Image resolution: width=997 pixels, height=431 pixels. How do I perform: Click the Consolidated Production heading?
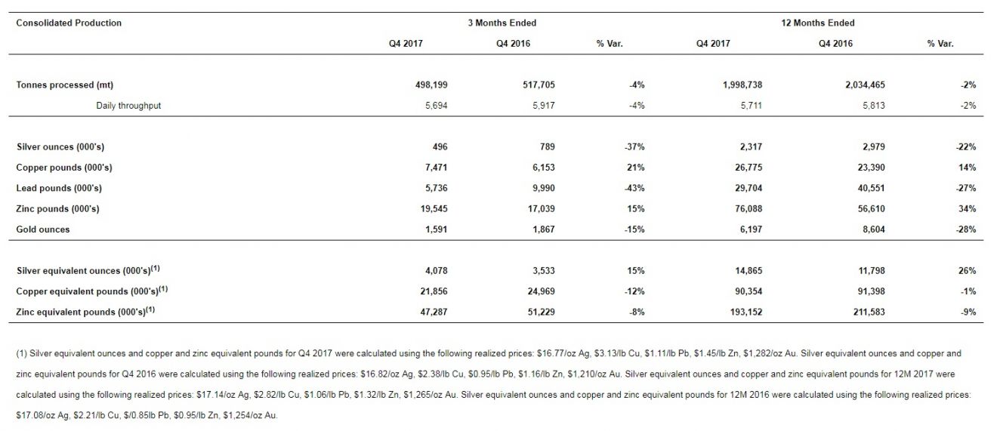69,23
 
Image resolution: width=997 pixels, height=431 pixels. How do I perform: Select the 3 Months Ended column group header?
502,23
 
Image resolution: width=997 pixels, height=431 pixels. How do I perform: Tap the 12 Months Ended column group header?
818,23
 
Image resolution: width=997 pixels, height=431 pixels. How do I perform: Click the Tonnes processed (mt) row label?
64,85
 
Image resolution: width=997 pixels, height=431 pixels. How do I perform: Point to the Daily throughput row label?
128,106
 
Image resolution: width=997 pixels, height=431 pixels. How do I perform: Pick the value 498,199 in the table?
431,85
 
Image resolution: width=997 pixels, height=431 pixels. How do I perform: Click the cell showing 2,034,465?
865,85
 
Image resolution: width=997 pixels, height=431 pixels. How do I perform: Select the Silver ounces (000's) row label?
60,146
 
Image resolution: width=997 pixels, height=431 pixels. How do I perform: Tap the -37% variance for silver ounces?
634,146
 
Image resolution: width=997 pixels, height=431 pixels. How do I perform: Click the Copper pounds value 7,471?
437,168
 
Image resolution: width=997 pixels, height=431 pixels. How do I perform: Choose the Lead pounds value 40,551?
871,188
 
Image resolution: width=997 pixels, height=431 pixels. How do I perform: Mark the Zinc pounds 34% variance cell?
967,209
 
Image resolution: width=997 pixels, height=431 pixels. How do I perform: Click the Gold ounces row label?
43,229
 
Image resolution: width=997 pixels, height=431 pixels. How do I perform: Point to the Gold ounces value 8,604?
874,229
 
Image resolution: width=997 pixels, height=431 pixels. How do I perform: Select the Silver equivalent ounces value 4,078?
437,271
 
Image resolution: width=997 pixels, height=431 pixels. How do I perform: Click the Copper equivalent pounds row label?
91,291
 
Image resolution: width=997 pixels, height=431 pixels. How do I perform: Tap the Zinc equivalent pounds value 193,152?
746,312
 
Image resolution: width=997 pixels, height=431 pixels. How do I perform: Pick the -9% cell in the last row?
968,312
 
